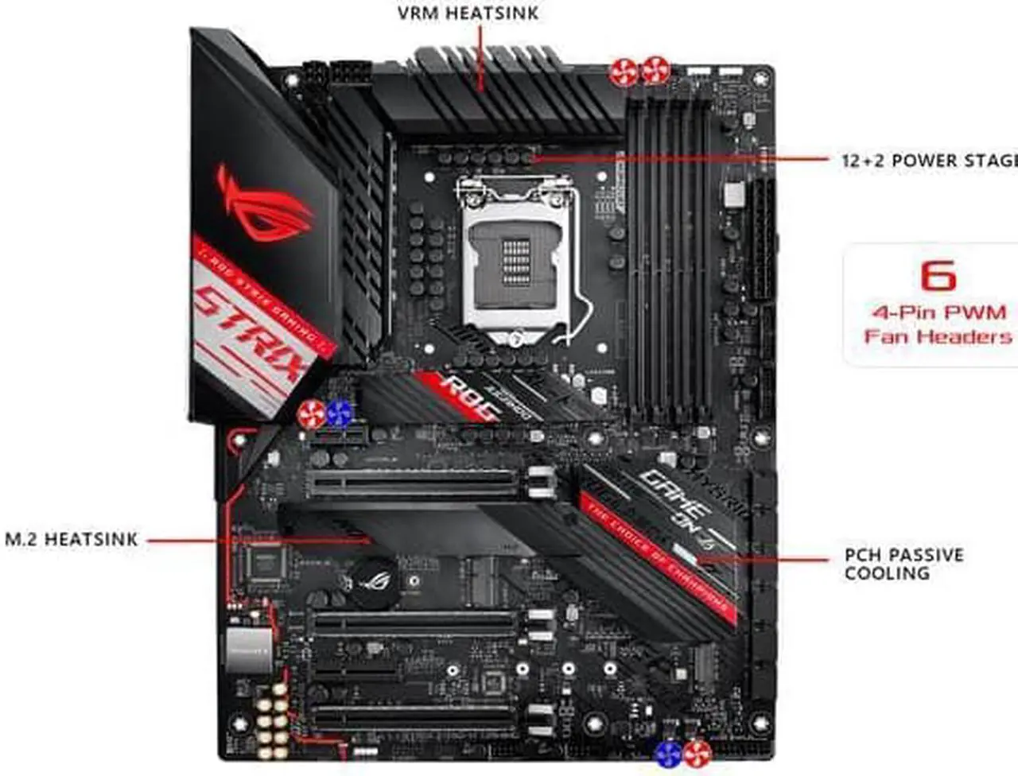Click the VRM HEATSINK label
coord(468,14)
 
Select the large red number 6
coord(938,276)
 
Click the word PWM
coord(974,312)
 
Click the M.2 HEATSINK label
coord(72,540)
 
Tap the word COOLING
coord(886,574)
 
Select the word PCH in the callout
coord(862,555)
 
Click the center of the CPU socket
coord(516,262)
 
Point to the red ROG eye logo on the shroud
coord(262,204)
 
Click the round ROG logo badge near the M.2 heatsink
coord(371,580)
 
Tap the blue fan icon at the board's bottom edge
coord(669,754)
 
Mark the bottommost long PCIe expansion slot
coord(414,720)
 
